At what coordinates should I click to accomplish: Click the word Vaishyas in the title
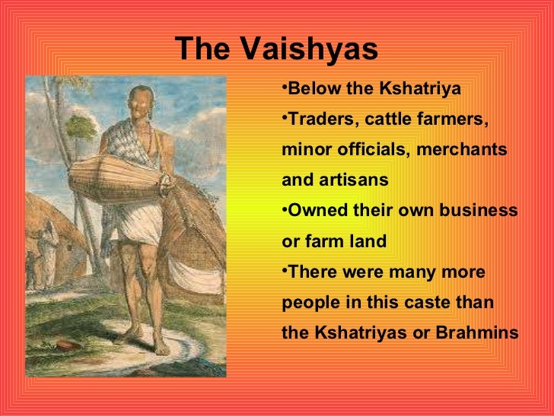click(x=309, y=50)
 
